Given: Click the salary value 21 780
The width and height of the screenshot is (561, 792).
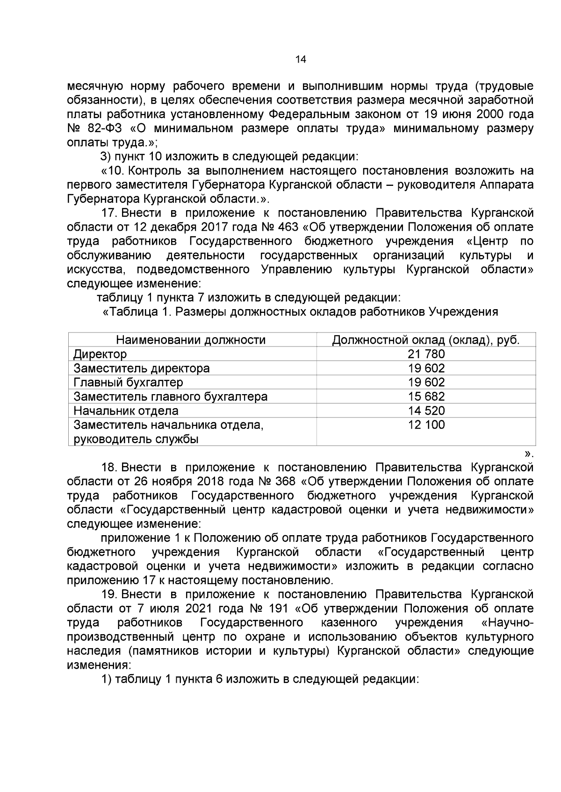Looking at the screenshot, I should coord(426,354).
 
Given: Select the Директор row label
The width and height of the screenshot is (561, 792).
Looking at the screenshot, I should coord(100,354).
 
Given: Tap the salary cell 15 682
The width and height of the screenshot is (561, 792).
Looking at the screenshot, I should coord(426,396).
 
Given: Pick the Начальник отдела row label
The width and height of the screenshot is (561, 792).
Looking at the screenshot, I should coord(126,411).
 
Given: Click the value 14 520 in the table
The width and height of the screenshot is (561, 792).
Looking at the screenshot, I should coord(426,411).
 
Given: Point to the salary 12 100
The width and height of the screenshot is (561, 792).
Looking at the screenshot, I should coord(426,425).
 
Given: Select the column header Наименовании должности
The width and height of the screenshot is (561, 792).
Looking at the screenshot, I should coord(191,340).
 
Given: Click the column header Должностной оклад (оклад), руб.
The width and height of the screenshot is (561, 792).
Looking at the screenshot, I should coord(426,340).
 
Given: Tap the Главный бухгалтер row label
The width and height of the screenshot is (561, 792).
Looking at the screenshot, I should coord(129,382).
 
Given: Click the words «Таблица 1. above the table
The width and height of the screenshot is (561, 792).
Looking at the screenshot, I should coord(137,312).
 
